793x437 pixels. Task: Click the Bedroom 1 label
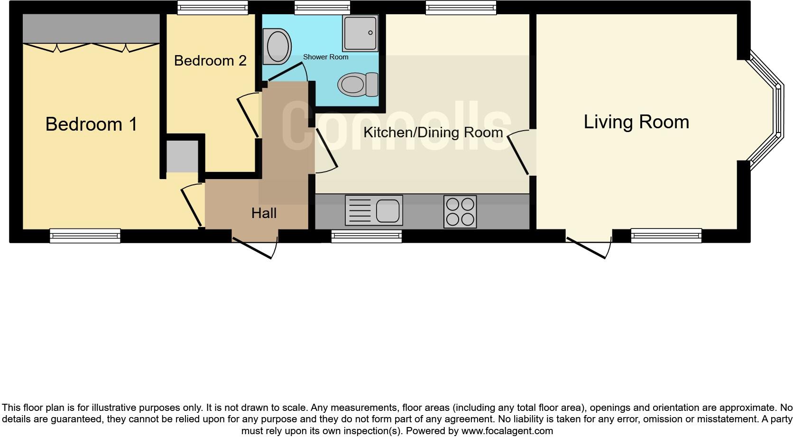[x=91, y=124]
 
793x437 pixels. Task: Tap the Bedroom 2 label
[x=210, y=61]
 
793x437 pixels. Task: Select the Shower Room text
[x=325, y=57]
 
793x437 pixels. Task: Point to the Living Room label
[x=636, y=122]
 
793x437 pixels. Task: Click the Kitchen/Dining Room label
[x=433, y=133]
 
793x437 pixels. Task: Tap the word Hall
[x=264, y=213]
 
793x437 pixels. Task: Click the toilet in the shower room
[x=358, y=85]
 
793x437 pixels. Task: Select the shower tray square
[x=360, y=33]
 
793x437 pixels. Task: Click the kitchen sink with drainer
[x=374, y=210]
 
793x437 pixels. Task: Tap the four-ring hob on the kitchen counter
[x=460, y=211]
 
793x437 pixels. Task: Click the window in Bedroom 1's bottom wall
[x=85, y=236]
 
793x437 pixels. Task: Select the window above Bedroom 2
[x=212, y=7]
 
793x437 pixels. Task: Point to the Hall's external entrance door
[x=255, y=247]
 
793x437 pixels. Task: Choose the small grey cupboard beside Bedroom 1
[x=182, y=156]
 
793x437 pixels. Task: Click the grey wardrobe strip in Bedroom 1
[x=91, y=28]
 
